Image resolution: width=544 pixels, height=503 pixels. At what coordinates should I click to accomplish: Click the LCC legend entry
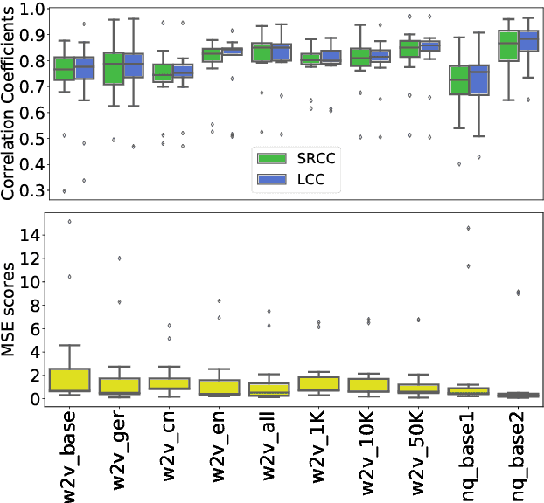pos(293,180)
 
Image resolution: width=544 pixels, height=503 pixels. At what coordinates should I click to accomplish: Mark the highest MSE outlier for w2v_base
pos(70,221)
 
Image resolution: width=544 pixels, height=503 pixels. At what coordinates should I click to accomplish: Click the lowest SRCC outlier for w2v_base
pos(63,190)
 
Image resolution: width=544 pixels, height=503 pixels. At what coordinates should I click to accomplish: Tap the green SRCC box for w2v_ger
pos(114,69)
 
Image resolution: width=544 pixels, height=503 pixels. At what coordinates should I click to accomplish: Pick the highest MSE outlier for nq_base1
pos(470,228)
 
